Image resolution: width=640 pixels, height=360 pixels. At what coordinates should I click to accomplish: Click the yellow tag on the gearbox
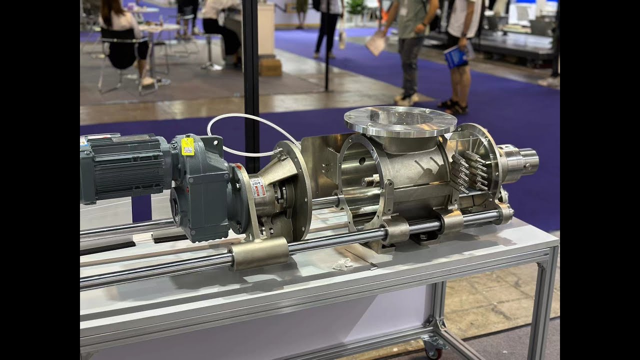187,146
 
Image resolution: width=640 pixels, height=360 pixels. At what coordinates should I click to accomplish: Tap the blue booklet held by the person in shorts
456,56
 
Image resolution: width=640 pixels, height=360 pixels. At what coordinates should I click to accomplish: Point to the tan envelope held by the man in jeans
376,44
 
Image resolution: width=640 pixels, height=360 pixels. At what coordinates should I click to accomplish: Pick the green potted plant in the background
355,6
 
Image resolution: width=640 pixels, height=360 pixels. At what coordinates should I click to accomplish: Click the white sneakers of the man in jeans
406,99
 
